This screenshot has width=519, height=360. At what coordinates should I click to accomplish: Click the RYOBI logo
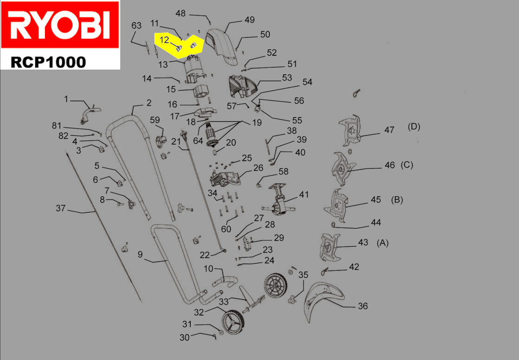click(60, 25)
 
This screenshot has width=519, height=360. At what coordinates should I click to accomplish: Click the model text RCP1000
click(48, 62)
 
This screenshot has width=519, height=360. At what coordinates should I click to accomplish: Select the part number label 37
click(61, 208)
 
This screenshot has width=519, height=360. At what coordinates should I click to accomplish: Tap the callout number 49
click(249, 20)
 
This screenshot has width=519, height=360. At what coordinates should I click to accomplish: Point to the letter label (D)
click(414, 127)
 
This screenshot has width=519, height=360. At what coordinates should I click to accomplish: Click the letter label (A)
click(382, 243)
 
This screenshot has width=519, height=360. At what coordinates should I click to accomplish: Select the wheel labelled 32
click(234, 323)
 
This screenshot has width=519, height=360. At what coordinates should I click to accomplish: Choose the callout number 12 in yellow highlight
click(164, 40)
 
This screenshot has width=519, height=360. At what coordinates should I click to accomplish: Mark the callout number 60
click(226, 229)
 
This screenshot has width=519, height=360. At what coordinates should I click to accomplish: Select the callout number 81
click(57, 126)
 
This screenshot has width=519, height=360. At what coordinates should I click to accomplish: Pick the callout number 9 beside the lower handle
click(140, 255)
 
